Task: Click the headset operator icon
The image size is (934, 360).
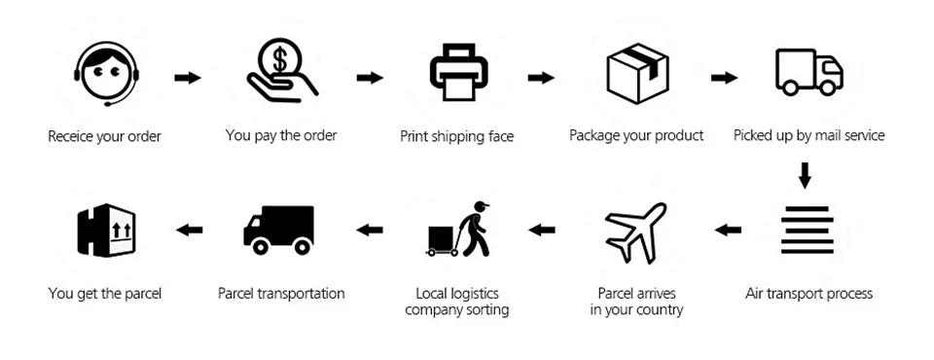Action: (x=107, y=73)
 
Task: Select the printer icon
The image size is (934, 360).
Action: (x=459, y=72)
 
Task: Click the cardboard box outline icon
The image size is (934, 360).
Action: (x=637, y=73)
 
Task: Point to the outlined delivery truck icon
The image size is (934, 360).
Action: (x=808, y=72)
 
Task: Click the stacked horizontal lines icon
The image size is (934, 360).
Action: (x=808, y=230)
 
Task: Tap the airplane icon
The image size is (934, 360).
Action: (x=635, y=233)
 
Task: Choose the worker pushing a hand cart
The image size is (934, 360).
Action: (x=458, y=230)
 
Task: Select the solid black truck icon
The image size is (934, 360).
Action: (x=279, y=230)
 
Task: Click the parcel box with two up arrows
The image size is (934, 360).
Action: (x=107, y=230)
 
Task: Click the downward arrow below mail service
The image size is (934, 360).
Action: (x=805, y=175)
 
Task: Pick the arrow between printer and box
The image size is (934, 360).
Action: (x=541, y=78)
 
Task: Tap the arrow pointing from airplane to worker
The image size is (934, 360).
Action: (x=542, y=230)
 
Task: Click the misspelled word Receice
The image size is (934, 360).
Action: (x=70, y=136)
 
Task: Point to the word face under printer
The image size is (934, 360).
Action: (x=499, y=136)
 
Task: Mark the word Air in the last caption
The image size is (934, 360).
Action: (x=753, y=294)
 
